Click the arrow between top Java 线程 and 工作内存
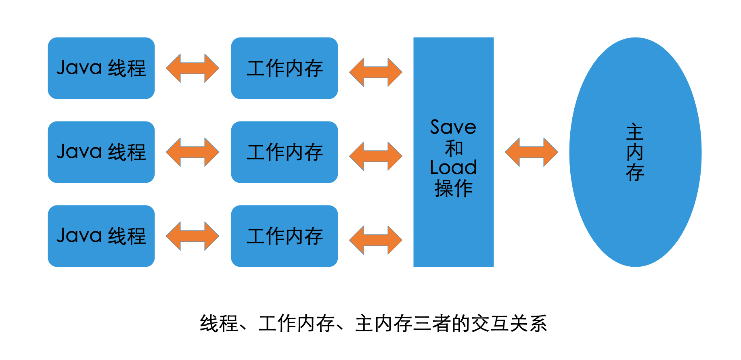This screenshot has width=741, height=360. (x=193, y=68)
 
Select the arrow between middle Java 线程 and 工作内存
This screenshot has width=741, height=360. (x=193, y=152)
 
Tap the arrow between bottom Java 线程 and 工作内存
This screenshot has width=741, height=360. (x=193, y=236)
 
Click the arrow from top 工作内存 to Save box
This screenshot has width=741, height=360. (x=375, y=72)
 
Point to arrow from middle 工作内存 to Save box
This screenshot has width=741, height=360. (x=375, y=156)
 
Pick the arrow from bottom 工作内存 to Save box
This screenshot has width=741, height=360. (x=375, y=240)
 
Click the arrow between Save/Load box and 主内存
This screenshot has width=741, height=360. (x=531, y=152)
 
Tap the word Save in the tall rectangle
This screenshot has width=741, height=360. (x=453, y=128)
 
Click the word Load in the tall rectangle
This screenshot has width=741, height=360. (x=453, y=167)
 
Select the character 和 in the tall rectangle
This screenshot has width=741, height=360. (x=454, y=148)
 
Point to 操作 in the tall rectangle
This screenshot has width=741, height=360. (x=454, y=188)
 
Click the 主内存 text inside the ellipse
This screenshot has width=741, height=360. (x=635, y=153)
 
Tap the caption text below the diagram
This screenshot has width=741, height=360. (x=373, y=324)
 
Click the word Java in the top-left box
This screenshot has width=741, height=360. (x=79, y=67)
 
